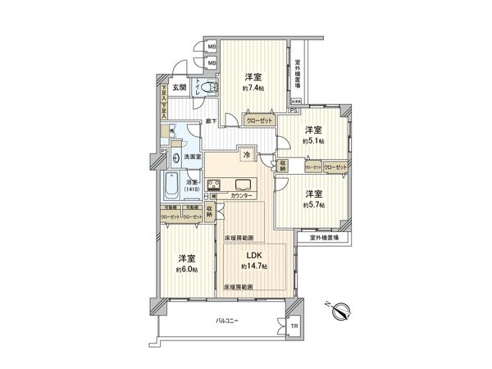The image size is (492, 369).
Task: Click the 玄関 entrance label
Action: [x=180, y=88]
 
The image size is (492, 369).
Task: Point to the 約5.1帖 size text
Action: [x=312, y=141]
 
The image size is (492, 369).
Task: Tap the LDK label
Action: [x=254, y=255]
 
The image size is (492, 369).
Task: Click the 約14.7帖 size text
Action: [x=254, y=267]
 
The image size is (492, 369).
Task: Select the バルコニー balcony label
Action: [x=226, y=321]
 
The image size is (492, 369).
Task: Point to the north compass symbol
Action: [x=343, y=310]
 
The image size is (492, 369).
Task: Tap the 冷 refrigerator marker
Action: [x=246, y=154]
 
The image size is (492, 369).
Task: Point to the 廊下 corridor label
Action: [x=212, y=121]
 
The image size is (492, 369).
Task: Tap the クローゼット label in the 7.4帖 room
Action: [x=260, y=120]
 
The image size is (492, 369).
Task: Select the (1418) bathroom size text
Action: [x=192, y=190]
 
